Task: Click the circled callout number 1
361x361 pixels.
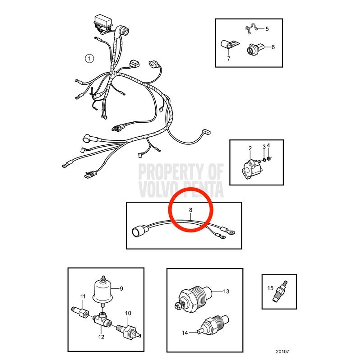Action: pos(89,58)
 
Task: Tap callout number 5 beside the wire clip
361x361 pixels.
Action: pos(267,29)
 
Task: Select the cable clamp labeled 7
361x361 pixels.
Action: pos(230,44)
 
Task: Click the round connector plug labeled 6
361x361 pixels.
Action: pos(255,49)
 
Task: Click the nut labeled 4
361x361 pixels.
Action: pos(268,159)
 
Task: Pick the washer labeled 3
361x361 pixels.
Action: pos(264,159)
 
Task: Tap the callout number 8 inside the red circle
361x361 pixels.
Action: pos(190,210)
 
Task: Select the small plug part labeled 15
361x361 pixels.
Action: pos(280,291)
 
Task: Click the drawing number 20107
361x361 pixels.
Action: pos(282,352)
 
